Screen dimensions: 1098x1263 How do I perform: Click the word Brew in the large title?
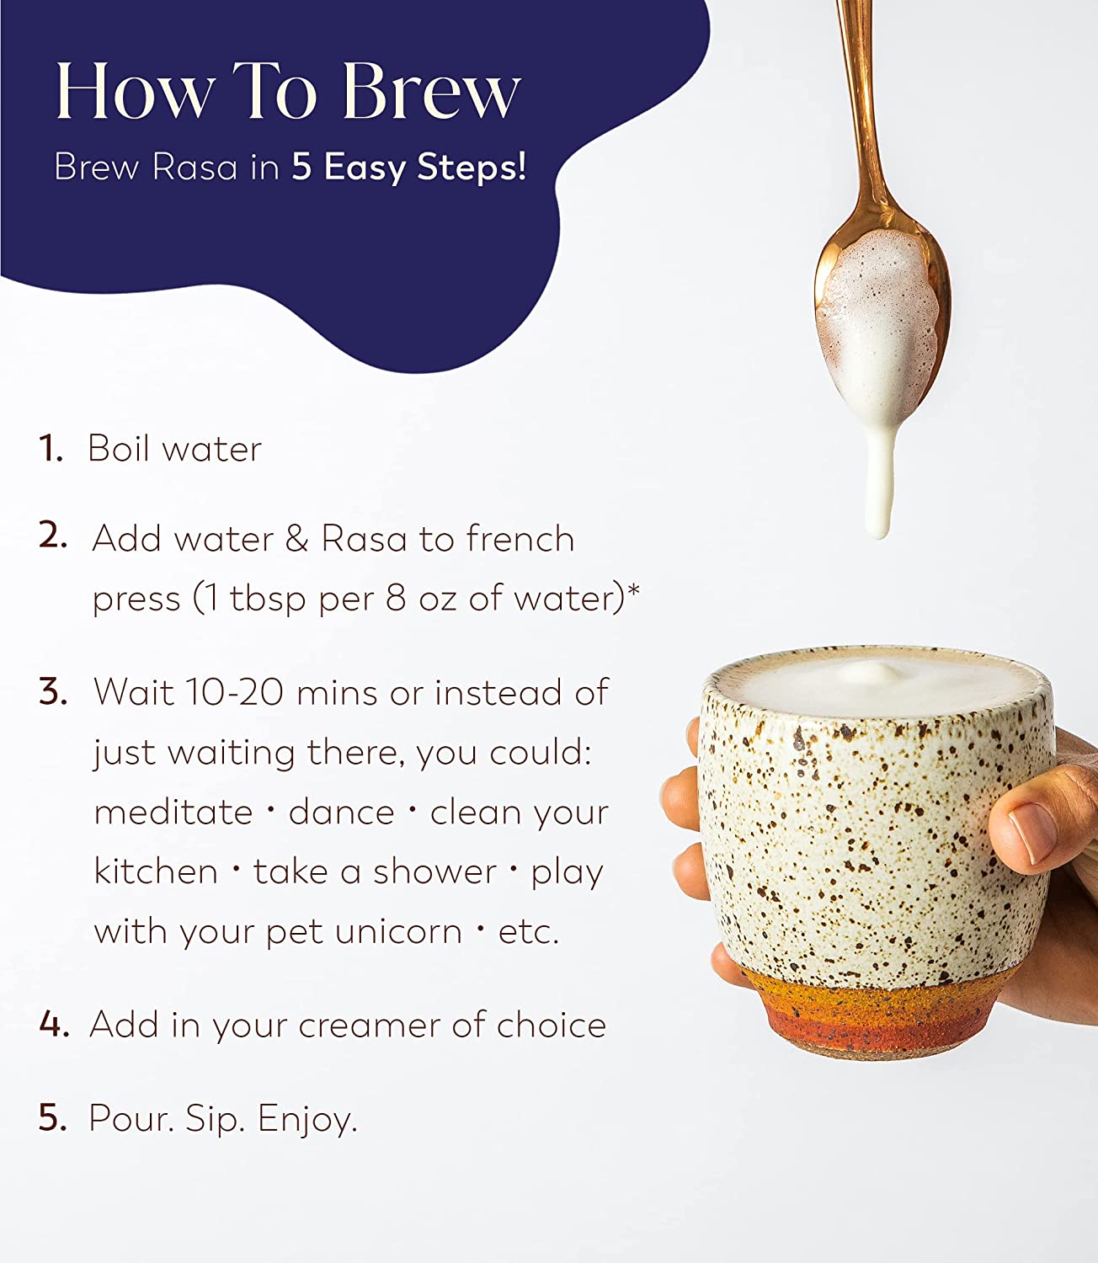coord(433,91)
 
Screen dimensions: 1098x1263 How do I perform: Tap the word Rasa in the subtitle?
coord(195,167)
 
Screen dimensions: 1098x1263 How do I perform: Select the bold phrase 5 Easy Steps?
coord(408,168)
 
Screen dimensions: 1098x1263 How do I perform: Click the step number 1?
coord(51,448)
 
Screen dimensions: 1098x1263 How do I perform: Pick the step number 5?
coord(52,1118)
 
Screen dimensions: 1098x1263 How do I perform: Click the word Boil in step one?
coord(119,448)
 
